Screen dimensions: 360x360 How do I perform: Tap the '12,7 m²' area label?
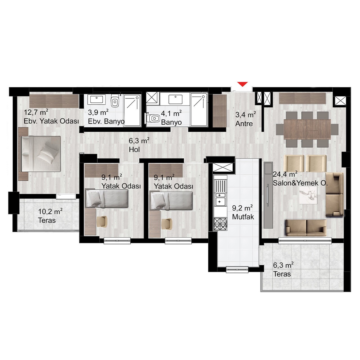36,112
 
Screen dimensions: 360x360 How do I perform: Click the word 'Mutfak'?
243,217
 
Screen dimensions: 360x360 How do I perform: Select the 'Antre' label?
244,123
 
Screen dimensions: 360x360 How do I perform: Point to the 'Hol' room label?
134,150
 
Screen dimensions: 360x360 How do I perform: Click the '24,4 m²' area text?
285,174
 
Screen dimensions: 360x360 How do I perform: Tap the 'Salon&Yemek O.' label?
300,183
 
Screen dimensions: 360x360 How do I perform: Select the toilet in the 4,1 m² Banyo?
152,118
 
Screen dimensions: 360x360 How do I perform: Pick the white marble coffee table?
308,195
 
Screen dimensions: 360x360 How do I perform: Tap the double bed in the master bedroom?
41,154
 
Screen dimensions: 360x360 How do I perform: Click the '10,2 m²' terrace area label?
50,212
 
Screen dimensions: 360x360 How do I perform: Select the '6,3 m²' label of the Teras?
283,265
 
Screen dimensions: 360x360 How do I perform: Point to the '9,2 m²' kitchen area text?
242,208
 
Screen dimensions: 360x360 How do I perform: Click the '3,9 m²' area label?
98,112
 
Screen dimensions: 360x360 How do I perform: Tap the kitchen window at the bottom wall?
237,269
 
